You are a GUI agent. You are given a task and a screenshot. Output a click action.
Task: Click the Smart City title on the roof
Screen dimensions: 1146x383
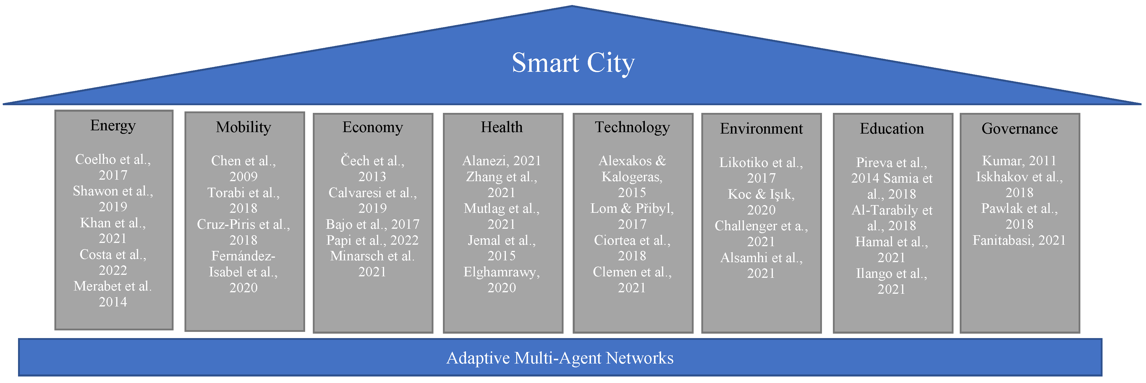pyautogui.click(x=573, y=63)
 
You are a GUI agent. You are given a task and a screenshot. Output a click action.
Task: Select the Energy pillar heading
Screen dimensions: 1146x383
pyautogui.click(x=113, y=126)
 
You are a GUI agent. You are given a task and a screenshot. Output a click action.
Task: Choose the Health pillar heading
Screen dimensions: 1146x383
pyautogui.click(x=502, y=127)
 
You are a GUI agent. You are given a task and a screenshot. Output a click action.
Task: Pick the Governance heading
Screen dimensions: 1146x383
pyautogui.click(x=1020, y=129)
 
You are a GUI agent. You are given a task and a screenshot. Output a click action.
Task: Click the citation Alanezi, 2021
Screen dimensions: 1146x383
pyautogui.click(x=502, y=160)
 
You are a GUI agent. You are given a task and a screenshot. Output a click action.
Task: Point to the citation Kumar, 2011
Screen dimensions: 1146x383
pyautogui.click(x=1019, y=160)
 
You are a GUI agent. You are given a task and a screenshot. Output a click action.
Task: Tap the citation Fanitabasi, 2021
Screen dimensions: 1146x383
pyautogui.click(x=1019, y=240)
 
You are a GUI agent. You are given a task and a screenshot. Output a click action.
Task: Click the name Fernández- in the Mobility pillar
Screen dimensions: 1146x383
pyautogui.click(x=243, y=256)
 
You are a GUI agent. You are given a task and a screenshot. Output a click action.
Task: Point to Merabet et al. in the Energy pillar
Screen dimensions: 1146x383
pyautogui.click(x=113, y=286)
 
